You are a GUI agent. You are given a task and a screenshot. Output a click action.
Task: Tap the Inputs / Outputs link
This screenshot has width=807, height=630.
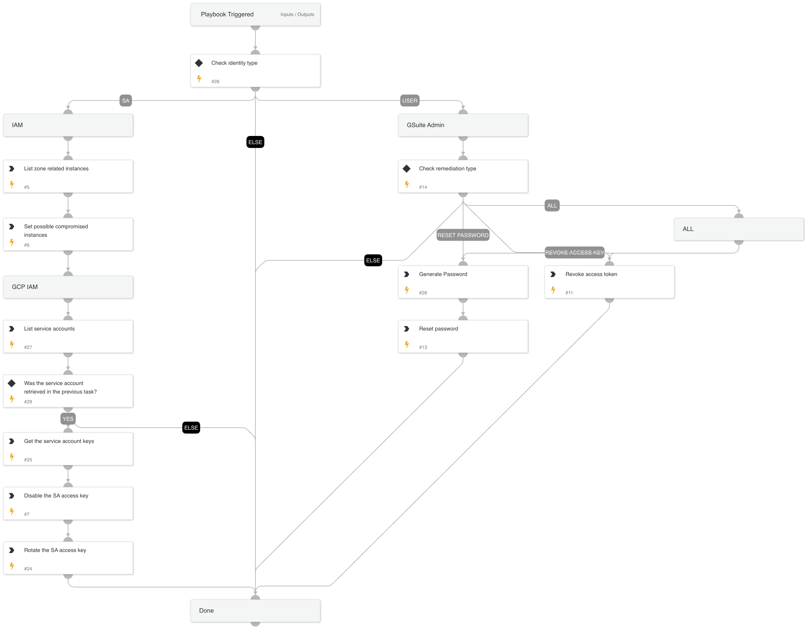coord(297,14)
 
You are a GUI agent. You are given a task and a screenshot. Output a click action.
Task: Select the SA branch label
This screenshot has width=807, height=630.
coord(126,101)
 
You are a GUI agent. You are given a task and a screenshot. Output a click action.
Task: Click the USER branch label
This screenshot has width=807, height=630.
coord(409,101)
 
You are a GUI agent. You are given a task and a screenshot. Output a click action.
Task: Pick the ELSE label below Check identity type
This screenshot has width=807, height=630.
coord(255,142)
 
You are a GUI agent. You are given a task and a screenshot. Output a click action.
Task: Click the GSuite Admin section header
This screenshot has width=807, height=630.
coord(463,125)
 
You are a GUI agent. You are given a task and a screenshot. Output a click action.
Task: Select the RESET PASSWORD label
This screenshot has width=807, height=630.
coord(463,235)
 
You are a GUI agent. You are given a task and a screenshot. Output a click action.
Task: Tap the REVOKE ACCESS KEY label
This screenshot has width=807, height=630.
coord(574,252)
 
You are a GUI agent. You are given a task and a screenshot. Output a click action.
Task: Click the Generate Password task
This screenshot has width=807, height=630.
coord(463,282)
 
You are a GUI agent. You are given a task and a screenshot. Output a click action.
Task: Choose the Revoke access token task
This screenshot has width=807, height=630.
coord(609,282)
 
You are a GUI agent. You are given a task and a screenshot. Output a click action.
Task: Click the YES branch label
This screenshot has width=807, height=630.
coord(68,419)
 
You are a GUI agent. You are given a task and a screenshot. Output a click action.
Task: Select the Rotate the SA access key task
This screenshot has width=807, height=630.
coord(68,558)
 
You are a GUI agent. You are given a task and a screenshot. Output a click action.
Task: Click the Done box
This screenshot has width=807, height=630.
coord(255,610)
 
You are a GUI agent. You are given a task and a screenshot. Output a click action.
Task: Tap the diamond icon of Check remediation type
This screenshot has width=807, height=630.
coord(407,169)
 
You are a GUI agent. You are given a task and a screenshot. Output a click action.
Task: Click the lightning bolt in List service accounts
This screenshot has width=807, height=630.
coord(12,344)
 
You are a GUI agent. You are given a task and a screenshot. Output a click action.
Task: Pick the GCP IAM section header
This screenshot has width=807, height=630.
coord(68,287)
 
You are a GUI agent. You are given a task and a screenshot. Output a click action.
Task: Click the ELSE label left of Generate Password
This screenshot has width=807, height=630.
coord(373,260)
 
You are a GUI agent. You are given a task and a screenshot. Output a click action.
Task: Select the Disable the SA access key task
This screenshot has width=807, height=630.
coord(68,503)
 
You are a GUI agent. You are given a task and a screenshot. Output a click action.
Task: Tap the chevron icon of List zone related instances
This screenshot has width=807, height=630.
coord(12,169)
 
